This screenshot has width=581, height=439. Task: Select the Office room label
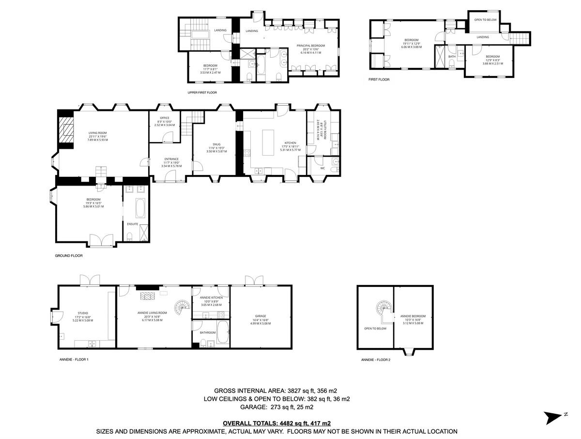[165, 118]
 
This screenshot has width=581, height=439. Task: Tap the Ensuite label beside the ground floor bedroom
[133, 224]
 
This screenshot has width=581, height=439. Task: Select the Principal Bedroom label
[310, 46]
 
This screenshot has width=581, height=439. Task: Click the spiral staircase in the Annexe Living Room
[183, 308]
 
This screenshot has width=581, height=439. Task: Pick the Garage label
[261, 316]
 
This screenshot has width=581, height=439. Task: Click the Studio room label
[83, 313]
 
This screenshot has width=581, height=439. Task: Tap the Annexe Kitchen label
[211, 297]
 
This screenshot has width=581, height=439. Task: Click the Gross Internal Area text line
[275, 391]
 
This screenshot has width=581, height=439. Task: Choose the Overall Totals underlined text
[276, 423]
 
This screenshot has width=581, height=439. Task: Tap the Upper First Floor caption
[202, 92]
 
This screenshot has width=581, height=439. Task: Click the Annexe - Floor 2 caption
[376, 360]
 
